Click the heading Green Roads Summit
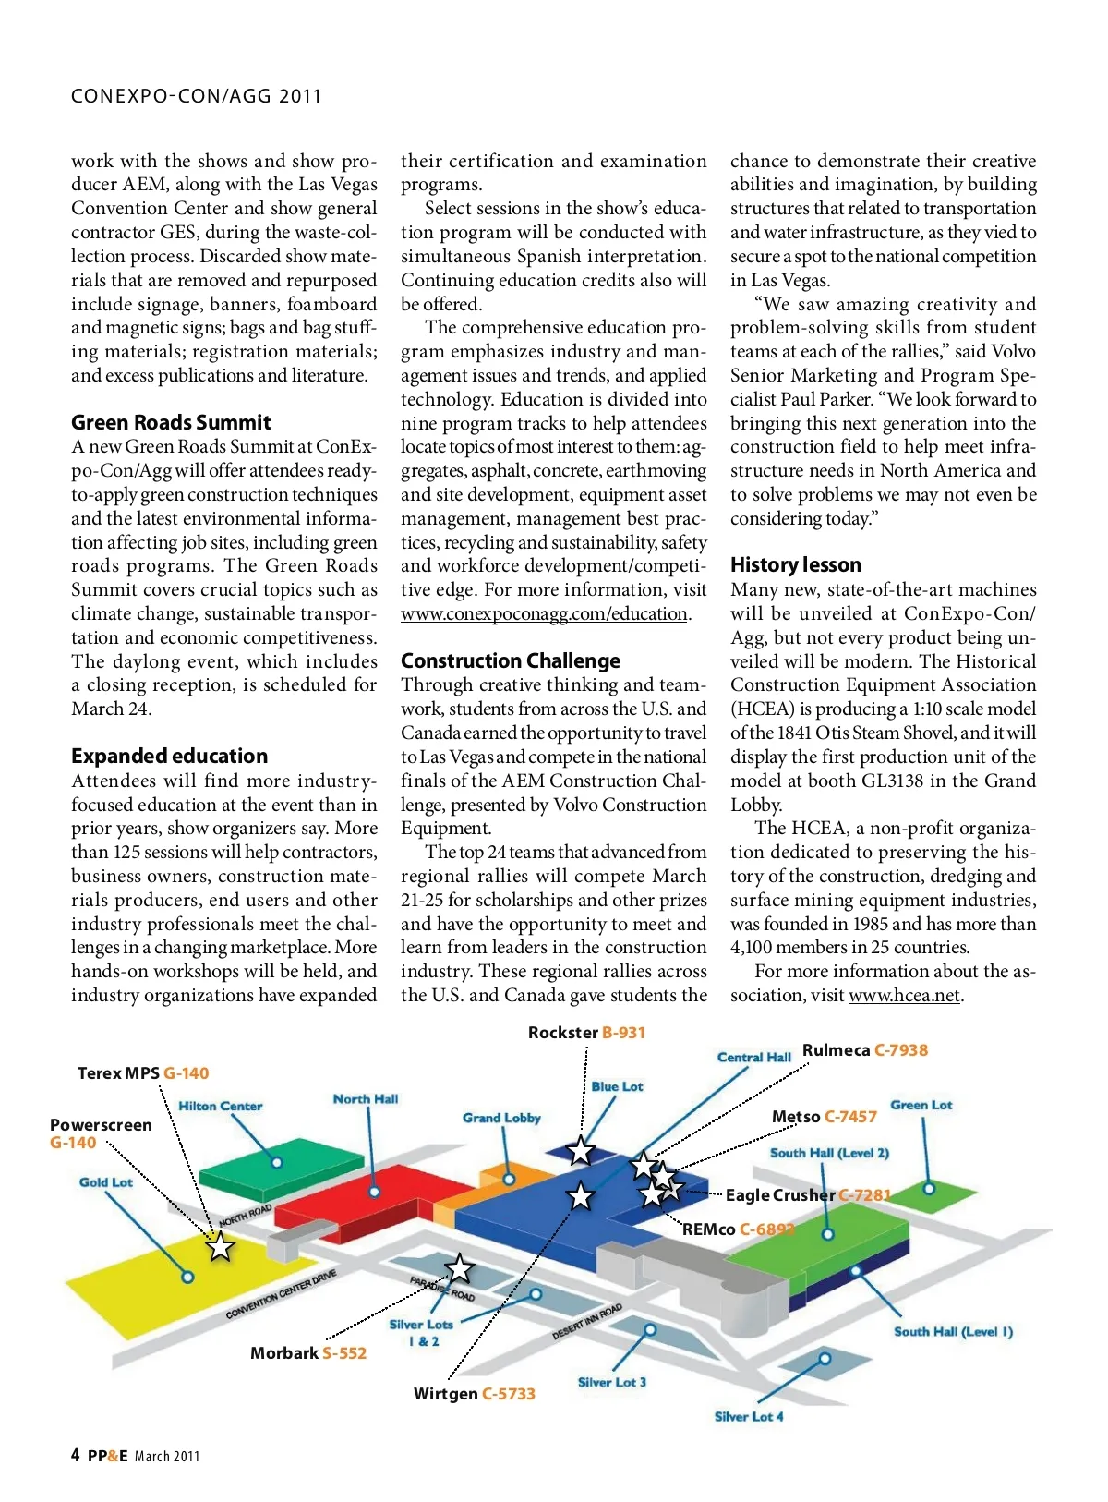pyautogui.click(x=171, y=423)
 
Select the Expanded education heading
pyautogui.click(x=169, y=756)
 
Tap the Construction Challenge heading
pyautogui.click(x=511, y=660)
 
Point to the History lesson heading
pyautogui.click(x=795, y=564)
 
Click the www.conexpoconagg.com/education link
pyautogui.click(x=544, y=614)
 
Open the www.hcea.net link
pyautogui.click(x=904, y=996)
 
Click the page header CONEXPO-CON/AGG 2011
pyautogui.click(x=196, y=96)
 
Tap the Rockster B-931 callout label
pyautogui.click(x=586, y=1033)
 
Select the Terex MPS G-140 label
pyautogui.click(x=143, y=1073)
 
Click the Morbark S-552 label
pyautogui.click(x=308, y=1353)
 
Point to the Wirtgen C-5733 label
pyautogui.click(x=475, y=1394)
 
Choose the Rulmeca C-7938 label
pyautogui.click(x=865, y=1050)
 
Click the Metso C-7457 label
pyautogui.click(x=824, y=1117)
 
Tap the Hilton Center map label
pyautogui.click(x=220, y=1106)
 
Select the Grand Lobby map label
pyautogui.click(x=501, y=1118)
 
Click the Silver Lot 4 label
pyautogui.click(x=749, y=1417)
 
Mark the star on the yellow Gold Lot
pyautogui.click(x=220, y=1247)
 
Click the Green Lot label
pyautogui.click(x=921, y=1105)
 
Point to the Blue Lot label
pyautogui.click(x=617, y=1086)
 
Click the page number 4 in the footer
pyautogui.click(x=75, y=1455)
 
